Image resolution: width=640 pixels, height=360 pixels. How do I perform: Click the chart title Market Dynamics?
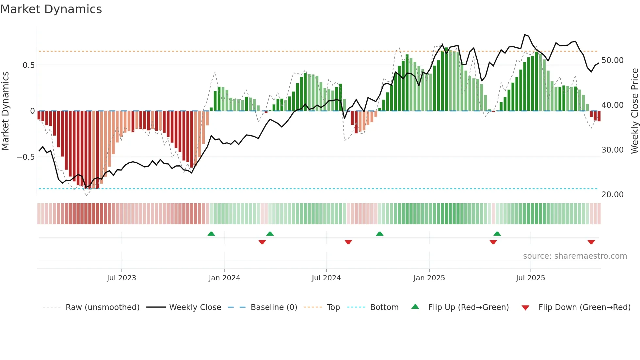(51, 9)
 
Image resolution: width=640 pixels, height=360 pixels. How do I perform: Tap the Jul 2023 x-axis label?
(121, 278)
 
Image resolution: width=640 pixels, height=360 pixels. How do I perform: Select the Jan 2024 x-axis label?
(224, 278)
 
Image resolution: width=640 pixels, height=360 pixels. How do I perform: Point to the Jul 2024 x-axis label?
(326, 278)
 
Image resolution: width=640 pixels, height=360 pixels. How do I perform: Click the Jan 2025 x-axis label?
(429, 278)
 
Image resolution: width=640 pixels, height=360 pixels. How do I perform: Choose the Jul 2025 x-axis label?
(531, 278)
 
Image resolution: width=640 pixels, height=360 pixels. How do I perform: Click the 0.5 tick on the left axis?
(28, 65)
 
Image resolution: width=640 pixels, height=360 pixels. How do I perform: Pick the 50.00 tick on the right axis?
(613, 60)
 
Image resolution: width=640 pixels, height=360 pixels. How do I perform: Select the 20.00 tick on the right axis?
(613, 195)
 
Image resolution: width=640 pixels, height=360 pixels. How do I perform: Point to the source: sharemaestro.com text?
(575, 256)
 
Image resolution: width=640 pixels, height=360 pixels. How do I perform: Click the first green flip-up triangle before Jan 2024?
(211, 234)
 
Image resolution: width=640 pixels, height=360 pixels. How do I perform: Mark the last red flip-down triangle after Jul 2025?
(591, 242)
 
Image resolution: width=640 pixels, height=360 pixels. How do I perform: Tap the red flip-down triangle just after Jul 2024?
(348, 242)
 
